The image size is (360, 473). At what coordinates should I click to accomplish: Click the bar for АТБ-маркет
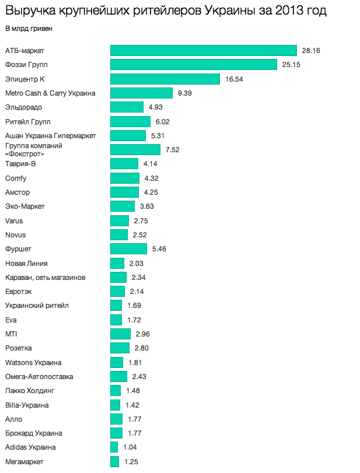204,51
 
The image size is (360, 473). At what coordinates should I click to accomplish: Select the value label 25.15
291,65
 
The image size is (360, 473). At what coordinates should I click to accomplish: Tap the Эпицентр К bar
165,79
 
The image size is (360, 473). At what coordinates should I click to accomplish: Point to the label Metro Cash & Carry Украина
50,93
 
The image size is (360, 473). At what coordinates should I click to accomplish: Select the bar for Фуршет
128,249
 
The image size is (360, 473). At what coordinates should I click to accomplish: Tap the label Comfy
15,178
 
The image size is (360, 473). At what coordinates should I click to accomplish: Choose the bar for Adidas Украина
114,447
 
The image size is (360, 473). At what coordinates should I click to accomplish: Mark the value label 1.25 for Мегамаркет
131,462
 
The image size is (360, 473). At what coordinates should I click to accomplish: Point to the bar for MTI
120,334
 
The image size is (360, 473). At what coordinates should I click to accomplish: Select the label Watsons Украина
33,363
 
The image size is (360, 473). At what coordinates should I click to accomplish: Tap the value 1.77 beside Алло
134,419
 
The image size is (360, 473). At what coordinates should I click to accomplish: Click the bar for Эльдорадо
127,107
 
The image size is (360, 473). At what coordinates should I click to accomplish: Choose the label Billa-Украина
26,405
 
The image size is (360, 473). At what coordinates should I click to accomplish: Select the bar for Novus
119,235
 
